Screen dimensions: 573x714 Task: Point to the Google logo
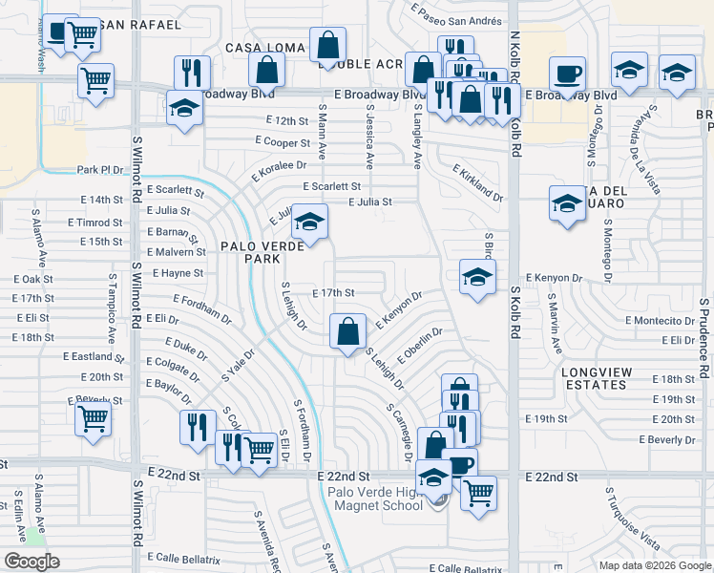31,562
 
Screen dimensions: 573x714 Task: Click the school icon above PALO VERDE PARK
309,223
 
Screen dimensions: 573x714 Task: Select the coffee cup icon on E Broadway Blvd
567,74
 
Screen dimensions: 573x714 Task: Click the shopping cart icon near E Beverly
94,418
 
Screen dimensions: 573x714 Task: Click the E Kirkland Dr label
477,182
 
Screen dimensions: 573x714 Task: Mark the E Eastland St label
94,356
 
